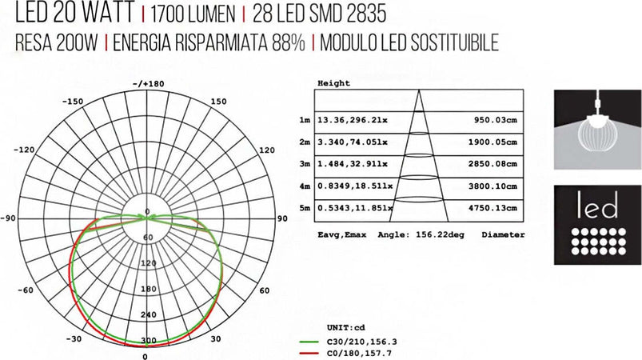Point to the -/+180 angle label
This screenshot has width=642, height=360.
pos(148,83)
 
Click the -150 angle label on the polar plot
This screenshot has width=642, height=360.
pos(74,102)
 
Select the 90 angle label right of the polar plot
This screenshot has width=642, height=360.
pos(282,218)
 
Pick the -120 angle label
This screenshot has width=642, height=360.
pos(25,150)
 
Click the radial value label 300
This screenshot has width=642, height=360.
pos(147,341)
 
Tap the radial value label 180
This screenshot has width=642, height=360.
pos(147,289)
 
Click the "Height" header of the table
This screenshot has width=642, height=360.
pos(333,83)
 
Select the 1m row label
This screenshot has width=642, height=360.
pos(304,121)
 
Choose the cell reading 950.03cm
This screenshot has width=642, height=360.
pos(491,121)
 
